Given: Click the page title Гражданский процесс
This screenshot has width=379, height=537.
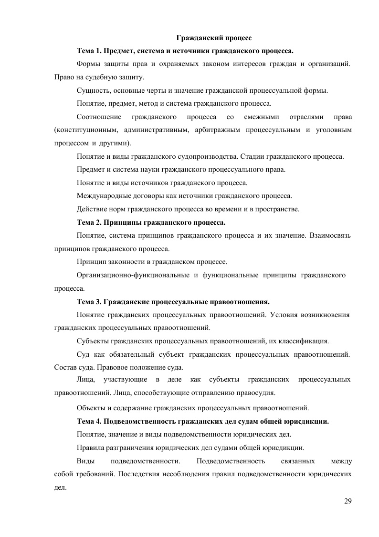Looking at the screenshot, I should coord(214,37).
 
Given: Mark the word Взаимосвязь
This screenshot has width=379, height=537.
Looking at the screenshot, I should coord(331,236).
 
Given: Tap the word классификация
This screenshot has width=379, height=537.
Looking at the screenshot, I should coord(304,341).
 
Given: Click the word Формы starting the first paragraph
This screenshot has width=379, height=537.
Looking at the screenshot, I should coord(87,63).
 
